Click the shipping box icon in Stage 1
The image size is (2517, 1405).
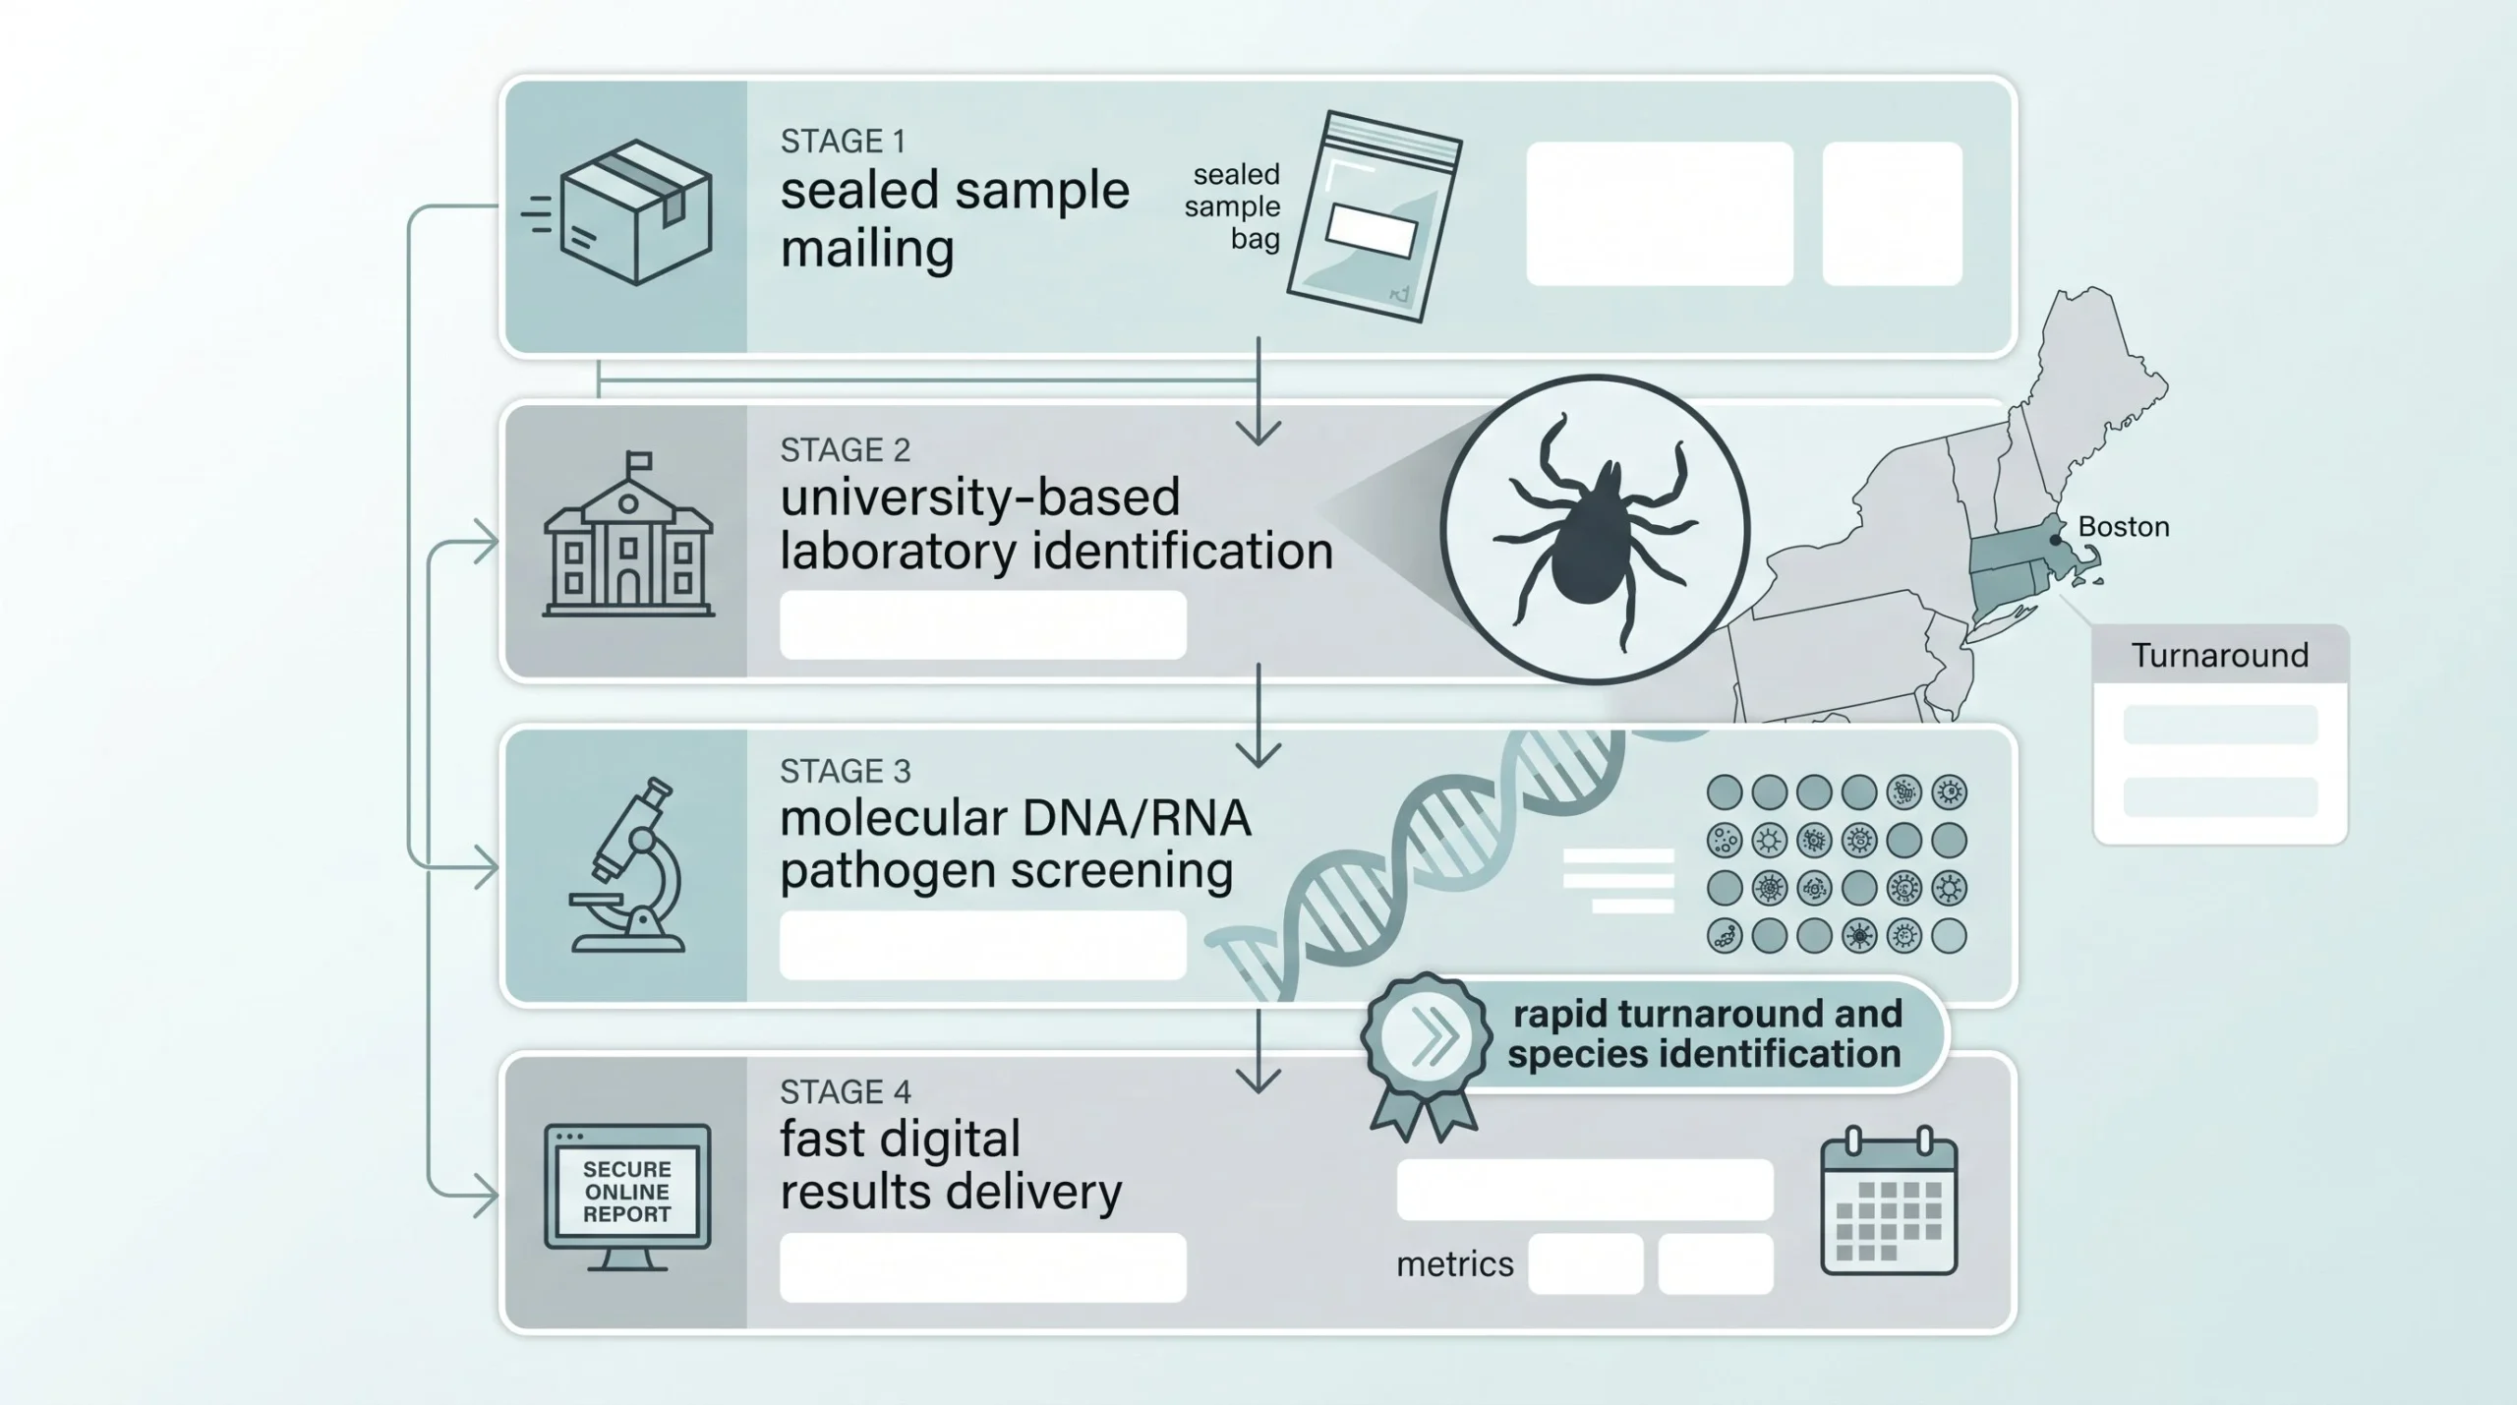(x=634, y=214)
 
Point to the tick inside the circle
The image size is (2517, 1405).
(x=1595, y=531)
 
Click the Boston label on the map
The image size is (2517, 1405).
(x=2123, y=527)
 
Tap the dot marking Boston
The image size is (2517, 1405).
(x=2055, y=541)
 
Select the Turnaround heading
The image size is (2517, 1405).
(x=2219, y=655)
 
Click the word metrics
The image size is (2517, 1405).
(x=1454, y=1263)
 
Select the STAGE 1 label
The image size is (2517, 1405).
(x=843, y=142)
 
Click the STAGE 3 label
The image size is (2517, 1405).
(x=846, y=771)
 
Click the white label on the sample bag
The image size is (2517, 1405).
(x=1371, y=232)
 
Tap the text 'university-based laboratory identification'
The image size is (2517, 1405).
(x=1056, y=524)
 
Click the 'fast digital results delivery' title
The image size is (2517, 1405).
(x=950, y=1165)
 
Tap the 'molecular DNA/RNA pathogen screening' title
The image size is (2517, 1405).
(x=1015, y=845)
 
